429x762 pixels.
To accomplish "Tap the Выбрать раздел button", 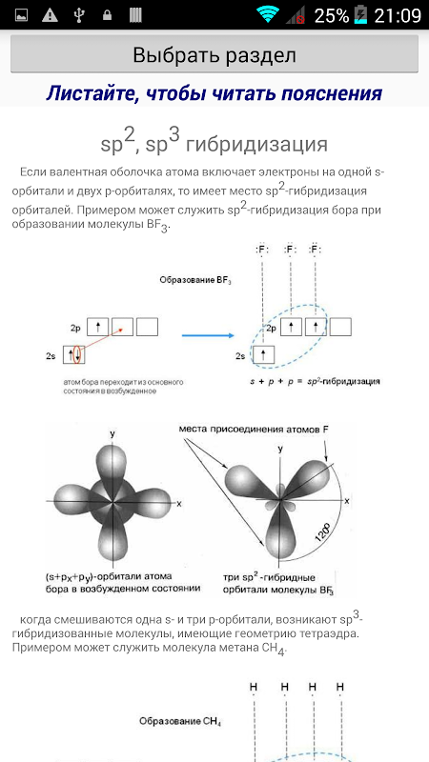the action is coord(214,54).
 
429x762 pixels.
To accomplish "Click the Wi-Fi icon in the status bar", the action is coord(268,15).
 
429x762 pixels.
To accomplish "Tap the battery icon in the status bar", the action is coord(361,15).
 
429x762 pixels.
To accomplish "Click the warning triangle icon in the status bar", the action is coord(50,15).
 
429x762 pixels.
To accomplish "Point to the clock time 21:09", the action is coord(398,15).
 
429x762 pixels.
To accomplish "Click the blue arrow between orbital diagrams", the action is coord(208,335).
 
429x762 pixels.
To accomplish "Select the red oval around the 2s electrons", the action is coord(76,354).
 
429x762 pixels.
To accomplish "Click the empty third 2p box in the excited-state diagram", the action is coord(340,327).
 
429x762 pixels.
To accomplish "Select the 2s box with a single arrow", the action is coord(264,354).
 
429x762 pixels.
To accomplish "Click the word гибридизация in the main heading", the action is coord(256,144).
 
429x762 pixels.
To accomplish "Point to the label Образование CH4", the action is coord(180,721).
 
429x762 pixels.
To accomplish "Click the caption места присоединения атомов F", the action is coord(250,430).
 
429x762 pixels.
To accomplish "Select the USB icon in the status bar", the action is coord(79,15).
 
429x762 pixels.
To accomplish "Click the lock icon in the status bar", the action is coord(108,15).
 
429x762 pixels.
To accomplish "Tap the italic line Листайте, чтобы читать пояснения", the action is coord(214,92).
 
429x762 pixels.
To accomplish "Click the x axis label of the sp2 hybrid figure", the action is coord(347,501).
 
